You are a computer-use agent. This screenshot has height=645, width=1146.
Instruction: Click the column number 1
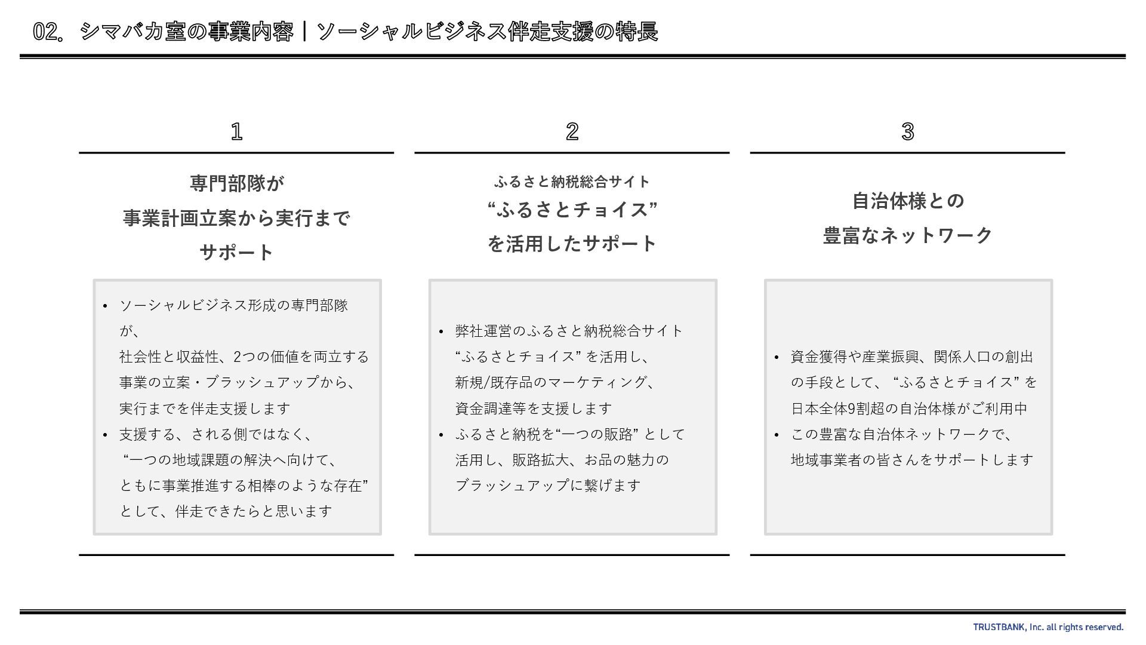(x=236, y=131)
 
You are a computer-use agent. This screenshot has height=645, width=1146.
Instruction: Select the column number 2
(x=572, y=131)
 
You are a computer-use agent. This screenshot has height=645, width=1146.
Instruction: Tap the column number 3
(x=907, y=131)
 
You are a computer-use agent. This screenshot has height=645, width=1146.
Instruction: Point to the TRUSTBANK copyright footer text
(x=1048, y=627)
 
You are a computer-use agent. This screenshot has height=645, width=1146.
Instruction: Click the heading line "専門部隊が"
(x=236, y=183)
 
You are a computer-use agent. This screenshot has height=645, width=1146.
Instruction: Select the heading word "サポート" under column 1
(x=236, y=252)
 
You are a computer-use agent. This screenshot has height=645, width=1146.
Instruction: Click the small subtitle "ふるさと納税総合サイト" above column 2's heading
(x=572, y=182)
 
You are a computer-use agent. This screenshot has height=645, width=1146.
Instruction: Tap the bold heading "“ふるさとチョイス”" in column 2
(x=572, y=210)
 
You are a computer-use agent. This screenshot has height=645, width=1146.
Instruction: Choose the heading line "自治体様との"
(x=907, y=201)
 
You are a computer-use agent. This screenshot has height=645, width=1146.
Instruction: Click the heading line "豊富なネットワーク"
(x=907, y=235)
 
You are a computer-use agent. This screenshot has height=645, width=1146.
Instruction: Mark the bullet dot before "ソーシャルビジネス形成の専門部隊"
(x=105, y=306)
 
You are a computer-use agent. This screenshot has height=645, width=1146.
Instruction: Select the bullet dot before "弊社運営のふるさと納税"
(x=440, y=332)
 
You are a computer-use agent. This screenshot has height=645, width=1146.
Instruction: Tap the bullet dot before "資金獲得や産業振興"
(x=776, y=358)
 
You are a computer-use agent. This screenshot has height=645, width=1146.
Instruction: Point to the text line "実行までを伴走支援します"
(x=205, y=408)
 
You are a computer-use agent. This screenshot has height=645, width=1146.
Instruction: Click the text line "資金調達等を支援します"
(x=533, y=408)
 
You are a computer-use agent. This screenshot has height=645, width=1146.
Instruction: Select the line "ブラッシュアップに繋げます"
(x=547, y=486)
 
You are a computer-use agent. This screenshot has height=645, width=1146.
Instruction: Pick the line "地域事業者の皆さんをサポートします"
(x=911, y=460)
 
